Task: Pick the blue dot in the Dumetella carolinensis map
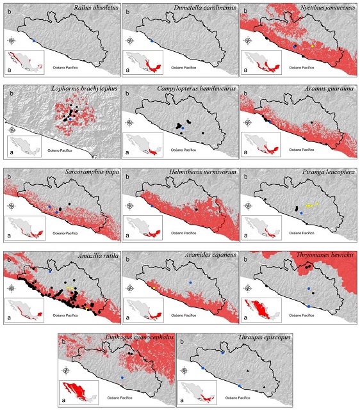tap(152, 41)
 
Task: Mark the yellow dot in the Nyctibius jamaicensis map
tap(312, 46)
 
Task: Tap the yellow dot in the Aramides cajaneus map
tap(154, 289)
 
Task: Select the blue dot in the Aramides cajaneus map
tap(190, 282)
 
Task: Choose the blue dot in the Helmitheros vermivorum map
tap(152, 206)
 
